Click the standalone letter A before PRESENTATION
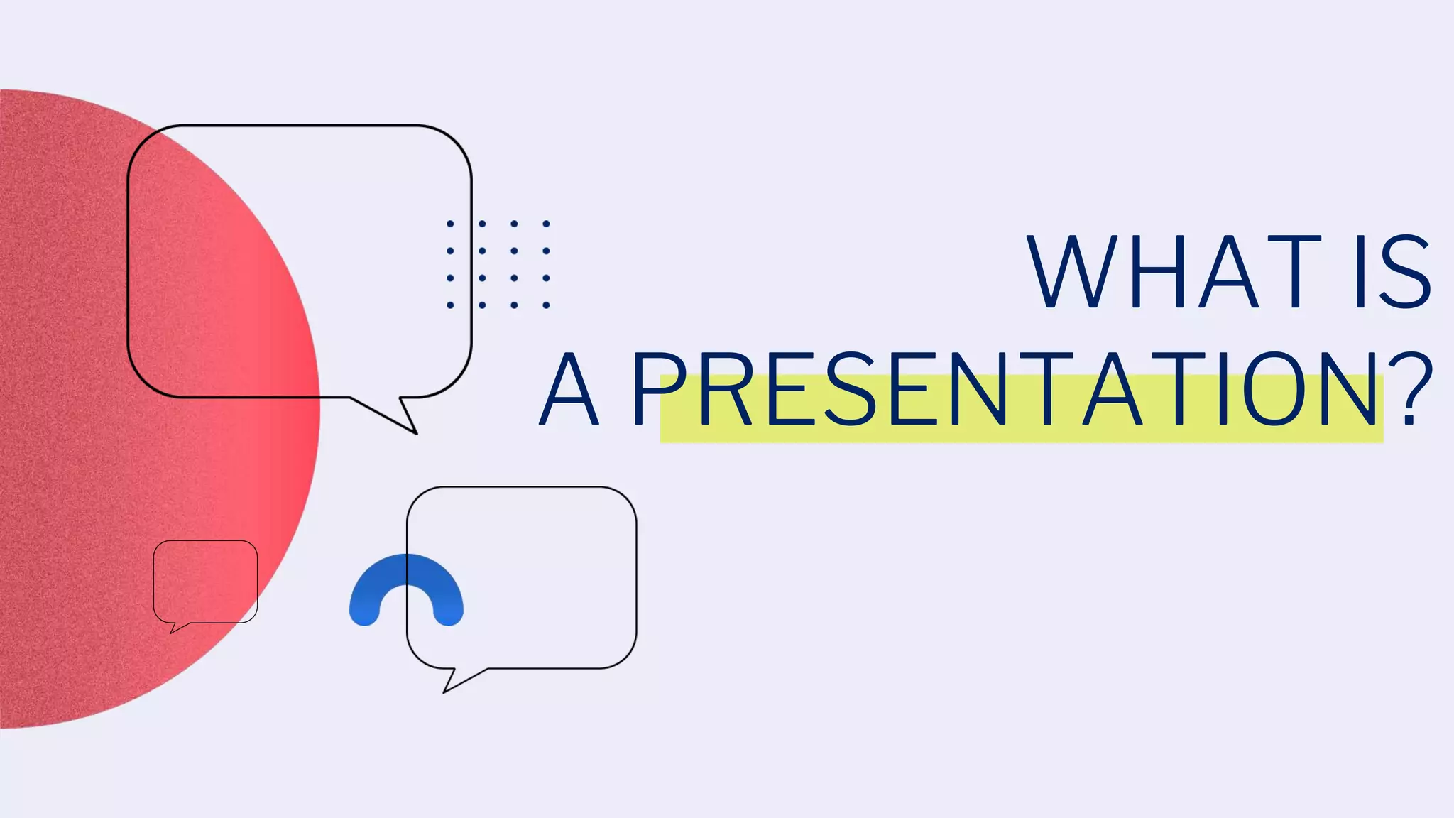coord(569,390)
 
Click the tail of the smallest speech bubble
coord(175,627)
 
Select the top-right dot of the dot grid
coord(546,224)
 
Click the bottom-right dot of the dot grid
coord(546,305)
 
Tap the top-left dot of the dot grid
coord(450,224)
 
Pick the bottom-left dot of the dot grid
coord(450,305)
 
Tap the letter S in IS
coord(1406,272)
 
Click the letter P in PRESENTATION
coord(657,388)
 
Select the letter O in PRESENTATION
coord(1275,388)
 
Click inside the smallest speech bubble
coord(205,582)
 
